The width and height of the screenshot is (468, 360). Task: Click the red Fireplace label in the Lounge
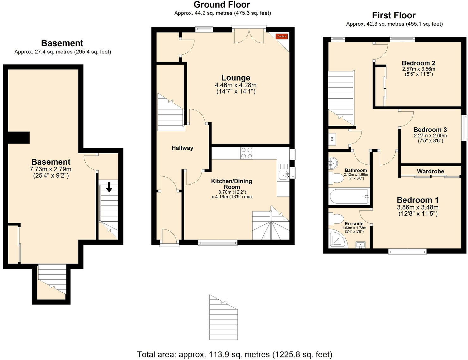pyautogui.click(x=281, y=36)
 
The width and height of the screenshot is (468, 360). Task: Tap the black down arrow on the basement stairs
pyautogui.click(x=109, y=187)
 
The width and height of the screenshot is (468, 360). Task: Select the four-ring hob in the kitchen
pyautogui.click(x=247, y=153)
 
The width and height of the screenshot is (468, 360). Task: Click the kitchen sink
pyautogui.click(x=284, y=174)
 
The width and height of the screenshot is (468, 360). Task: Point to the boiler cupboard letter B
pyautogui.click(x=332, y=139)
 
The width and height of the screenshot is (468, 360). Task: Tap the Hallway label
pyautogui.click(x=182, y=148)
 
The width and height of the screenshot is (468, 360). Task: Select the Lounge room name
pyautogui.click(x=236, y=78)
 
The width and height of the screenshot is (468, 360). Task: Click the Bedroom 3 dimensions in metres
pyautogui.click(x=430, y=136)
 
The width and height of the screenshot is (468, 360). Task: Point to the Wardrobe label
pyautogui.click(x=430, y=171)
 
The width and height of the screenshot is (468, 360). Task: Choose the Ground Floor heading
pyautogui.click(x=222, y=5)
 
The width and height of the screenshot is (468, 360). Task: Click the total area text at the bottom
pyautogui.click(x=234, y=354)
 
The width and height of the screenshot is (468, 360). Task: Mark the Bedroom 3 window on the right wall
pyautogui.click(x=465, y=127)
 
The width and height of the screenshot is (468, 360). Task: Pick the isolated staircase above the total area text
pyautogui.click(x=223, y=317)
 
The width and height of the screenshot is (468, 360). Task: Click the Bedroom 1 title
pyautogui.click(x=418, y=200)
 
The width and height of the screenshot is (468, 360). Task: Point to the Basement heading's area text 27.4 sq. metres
pyautogui.click(x=63, y=52)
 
